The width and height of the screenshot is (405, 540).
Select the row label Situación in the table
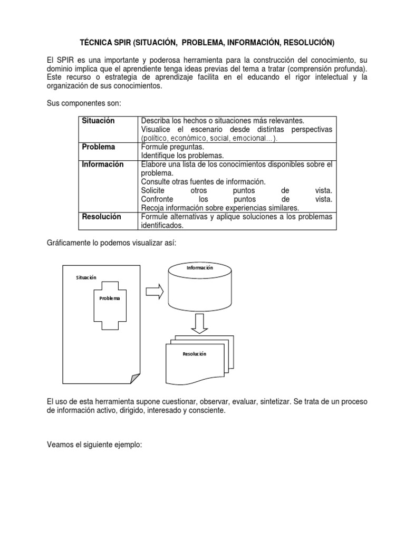pos(98,121)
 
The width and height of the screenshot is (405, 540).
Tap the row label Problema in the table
pos(99,147)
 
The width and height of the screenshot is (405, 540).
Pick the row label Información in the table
pos(102,164)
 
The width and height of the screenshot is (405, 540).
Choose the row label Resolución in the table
pos(101,216)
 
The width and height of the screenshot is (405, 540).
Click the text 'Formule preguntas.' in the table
pos(172,147)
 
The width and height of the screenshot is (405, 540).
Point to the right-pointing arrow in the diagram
pos(154,293)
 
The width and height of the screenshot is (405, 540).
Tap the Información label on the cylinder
pos(199,268)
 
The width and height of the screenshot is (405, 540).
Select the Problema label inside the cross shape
pos(110,298)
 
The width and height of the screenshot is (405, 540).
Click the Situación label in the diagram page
pos(86,277)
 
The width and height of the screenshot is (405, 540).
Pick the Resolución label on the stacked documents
pos(194,354)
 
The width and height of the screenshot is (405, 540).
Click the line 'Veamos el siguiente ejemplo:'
pos(94,430)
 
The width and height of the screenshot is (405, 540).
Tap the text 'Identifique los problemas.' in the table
pos(182,156)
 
